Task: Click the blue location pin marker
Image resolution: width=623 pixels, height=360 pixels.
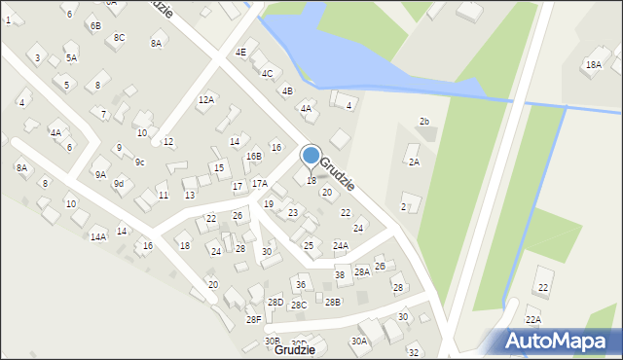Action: [x=311, y=156]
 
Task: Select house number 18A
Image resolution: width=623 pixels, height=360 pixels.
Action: [x=593, y=65]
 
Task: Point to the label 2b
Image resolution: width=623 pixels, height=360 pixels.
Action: [x=423, y=121]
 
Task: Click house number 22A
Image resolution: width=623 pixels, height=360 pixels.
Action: [x=533, y=319]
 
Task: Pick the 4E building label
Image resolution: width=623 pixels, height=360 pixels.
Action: [x=240, y=52]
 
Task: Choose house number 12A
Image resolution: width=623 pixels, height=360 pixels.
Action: [x=205, y=99]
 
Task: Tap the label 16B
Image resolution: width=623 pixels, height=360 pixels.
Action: [x=253, y=156]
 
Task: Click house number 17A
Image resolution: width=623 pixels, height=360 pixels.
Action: [x=259, y=183]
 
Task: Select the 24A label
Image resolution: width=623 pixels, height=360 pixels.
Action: [x=340, y=245]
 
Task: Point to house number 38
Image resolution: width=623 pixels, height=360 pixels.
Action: [x=340, y=275]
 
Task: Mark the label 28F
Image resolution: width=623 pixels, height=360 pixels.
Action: [x=253, y=319]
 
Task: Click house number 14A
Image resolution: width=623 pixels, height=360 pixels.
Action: [x=98, y=236]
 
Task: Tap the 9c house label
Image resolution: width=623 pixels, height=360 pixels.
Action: [x=139, y=162]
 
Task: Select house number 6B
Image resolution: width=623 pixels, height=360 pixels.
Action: [x=94, y=26]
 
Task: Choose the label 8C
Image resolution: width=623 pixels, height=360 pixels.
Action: [x=119, y=37]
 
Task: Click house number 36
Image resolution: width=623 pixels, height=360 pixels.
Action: [x=301, y=284]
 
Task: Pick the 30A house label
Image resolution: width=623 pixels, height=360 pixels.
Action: [x=359, y=341]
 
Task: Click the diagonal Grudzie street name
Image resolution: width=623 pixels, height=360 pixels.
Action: [x=337, y=173]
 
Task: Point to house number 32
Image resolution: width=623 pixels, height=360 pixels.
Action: [x=413, y=352]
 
